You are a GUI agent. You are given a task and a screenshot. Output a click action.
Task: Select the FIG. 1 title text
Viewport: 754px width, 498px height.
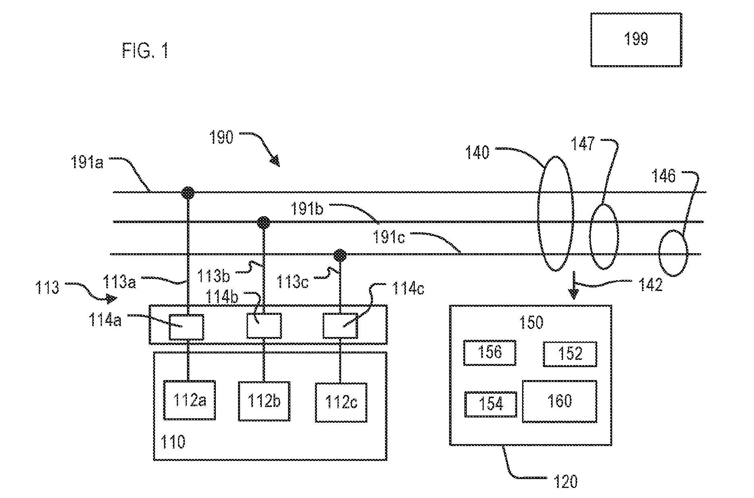point(145,51)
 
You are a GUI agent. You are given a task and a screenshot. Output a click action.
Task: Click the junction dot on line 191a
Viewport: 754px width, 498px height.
point(188,193)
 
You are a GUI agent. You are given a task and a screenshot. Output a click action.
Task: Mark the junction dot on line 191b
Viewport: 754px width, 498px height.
point(263,222)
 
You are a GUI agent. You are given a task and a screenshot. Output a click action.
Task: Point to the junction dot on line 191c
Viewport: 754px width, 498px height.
point(340,254)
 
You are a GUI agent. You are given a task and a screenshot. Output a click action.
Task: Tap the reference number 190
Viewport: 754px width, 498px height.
point(221,138)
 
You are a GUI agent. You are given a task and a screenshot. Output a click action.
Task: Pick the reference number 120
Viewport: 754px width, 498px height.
point(565,482)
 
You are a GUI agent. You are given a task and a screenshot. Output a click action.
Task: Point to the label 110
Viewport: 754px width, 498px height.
point(173,442)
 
